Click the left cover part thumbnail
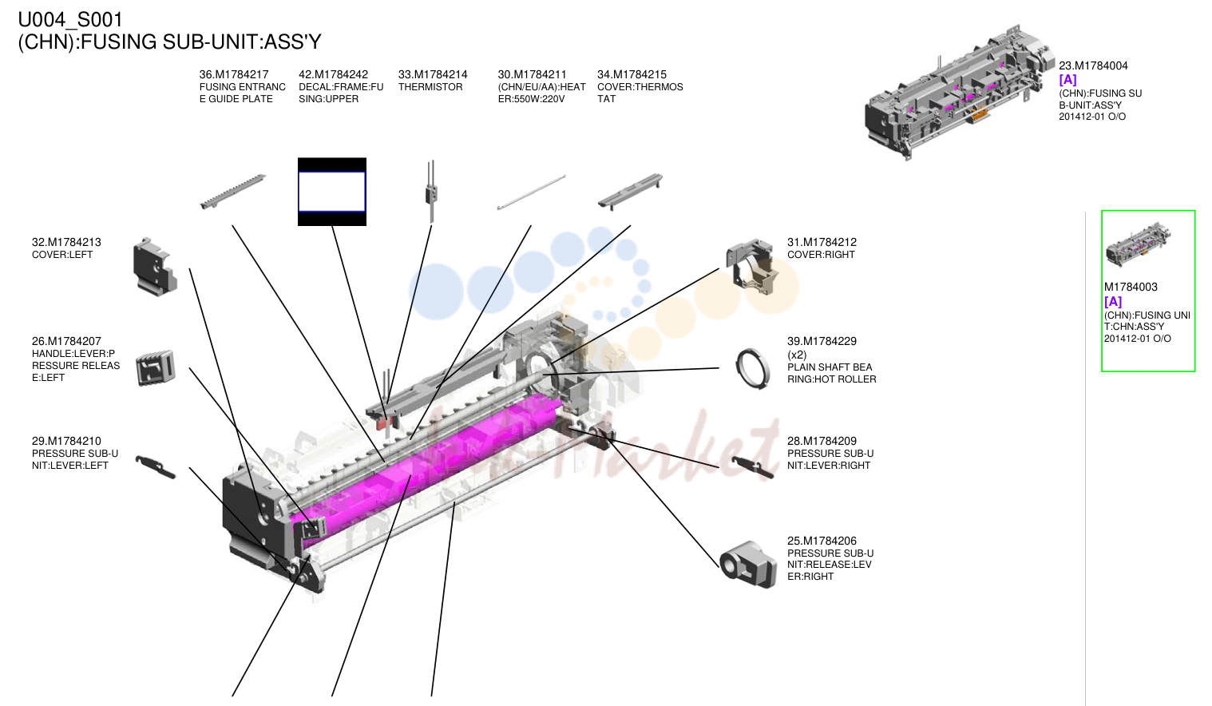(155, 267)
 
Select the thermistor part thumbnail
(431, 191)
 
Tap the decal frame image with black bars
(332, 192)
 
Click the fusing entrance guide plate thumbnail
(232, 192)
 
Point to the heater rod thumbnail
(531, 192)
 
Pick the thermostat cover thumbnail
(630, 191)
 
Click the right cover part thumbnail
(752, 267)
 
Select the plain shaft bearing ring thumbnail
(753, 369)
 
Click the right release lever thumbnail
(748, 565)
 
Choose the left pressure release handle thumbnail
(155, 368)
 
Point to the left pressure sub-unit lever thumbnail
(155, 467)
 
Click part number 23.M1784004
(1093, 66)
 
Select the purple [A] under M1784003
(1113, 302)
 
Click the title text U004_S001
(70, 20)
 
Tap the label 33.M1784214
(433, 75)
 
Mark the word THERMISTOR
(430, 87)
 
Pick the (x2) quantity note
(797, 355)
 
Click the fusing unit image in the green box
(1138, 244)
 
